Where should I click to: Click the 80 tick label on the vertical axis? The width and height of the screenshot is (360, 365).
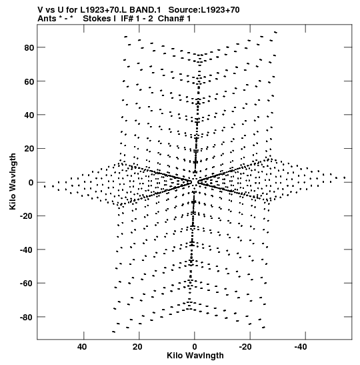pyautogui.click(x=29, y=48)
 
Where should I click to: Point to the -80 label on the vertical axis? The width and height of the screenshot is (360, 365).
pyautogui.click(x=27, y=317)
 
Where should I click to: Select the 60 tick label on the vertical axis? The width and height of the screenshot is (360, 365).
pyautogui.click(x=29, y=81)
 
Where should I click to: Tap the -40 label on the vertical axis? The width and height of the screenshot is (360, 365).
pyautogui.click(x=27, y=250)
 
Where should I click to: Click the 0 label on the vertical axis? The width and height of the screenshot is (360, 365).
pyautogui.click(x=31, y=183)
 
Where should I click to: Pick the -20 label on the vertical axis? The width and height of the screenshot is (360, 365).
pyautogui.click(x=27, y=216)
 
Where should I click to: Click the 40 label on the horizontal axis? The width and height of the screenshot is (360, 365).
pyautogui.click(x=82, y=347)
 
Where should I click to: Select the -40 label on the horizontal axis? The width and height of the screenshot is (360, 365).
pyautogui.click(x=301, y=347)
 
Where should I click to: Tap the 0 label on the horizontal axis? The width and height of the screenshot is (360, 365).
pyautogui.click(x=195, y=347)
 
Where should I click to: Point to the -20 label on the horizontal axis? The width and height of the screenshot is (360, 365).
pyautogui.click(x=245, y=347)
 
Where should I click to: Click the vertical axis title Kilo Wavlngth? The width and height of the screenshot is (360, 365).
pyautogui.click(x=13, y=181)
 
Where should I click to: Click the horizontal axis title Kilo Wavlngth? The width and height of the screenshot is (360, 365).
pyautogui.click(x=195, y=356)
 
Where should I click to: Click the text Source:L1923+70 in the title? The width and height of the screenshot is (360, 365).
pyautogui.click(x=204, y=10)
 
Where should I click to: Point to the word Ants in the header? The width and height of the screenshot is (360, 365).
pyautogui.click(x=47, y=19)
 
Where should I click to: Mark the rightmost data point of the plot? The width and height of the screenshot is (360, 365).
pyautogui.click(x=345, y=178)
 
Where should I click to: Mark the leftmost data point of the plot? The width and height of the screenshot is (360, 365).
pyautogui.click(x=45, y=186)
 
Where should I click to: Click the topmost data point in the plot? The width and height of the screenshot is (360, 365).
pyautogui.click(x=275, y=32)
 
